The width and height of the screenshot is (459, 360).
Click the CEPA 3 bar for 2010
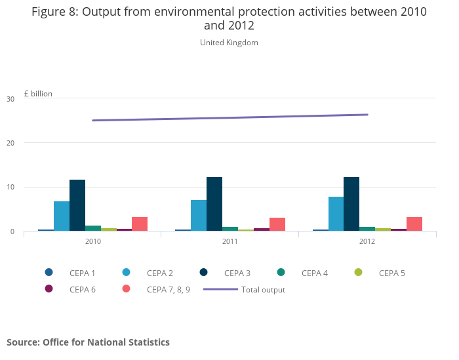77,205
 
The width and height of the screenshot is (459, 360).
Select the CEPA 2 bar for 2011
199,216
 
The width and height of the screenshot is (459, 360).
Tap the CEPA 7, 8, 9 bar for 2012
414,224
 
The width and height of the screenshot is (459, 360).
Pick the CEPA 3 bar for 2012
351,204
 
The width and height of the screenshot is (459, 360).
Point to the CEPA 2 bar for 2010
62,216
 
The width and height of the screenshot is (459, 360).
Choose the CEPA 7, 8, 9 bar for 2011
277,224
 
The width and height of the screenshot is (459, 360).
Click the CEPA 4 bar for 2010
93,228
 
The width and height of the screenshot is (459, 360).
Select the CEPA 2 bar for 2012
336,214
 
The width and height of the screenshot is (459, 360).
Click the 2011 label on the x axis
230,241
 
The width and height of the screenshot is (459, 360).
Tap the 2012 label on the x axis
367,241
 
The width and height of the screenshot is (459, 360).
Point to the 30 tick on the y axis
10,99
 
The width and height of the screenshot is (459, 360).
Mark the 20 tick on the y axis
10,143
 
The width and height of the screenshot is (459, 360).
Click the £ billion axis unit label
38,94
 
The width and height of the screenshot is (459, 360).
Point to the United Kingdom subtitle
229,43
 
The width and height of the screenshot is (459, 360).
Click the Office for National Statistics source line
89,342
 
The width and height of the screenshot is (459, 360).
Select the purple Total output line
230,118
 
